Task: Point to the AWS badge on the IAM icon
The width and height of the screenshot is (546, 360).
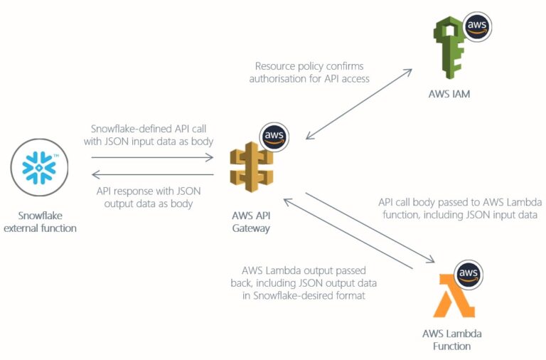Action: pos(476,26)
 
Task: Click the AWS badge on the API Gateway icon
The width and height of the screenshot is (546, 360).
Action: pos(274,136)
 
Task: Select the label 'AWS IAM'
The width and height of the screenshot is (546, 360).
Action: pos(449,92)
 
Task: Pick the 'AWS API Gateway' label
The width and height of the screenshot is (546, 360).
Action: pos(250,221)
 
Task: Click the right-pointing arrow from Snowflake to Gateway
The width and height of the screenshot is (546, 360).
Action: pos(152,157)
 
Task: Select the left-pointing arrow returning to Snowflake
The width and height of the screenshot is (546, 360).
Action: pos(152,174)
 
